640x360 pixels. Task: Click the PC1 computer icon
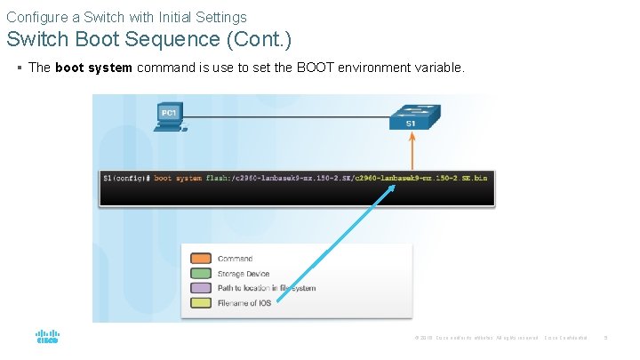169,117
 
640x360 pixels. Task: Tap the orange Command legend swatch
202,259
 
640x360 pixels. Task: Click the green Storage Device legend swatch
202,274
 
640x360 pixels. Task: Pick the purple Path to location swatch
202,288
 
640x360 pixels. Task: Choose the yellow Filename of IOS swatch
202,303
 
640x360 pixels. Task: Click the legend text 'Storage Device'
243,274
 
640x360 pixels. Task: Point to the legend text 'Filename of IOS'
244,303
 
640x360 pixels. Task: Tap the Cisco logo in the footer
47,337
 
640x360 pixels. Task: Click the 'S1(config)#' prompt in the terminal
125,178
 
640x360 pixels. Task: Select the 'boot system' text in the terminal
178,178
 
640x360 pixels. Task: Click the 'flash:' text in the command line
218,178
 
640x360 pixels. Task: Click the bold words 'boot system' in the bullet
93,68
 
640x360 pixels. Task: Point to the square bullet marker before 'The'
20,68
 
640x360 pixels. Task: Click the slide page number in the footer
605,337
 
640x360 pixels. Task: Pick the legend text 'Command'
235,259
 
